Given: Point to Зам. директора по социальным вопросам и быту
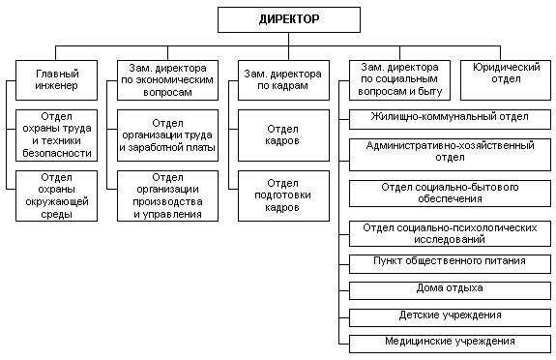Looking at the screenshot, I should (395, 79).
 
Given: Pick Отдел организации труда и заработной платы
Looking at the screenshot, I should (170, 135).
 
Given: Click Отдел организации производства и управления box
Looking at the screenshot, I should (170, 195).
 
